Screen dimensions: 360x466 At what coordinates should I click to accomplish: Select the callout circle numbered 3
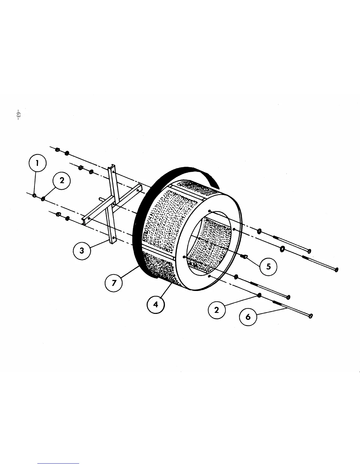(x=81, y=251)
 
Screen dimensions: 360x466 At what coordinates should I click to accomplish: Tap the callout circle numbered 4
(x=156, y=305)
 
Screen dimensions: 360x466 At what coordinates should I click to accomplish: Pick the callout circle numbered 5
(x=268, y=266)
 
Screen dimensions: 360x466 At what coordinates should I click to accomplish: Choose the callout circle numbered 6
(x=248, y=317)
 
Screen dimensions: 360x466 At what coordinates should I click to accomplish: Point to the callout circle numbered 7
(x=114, y=283)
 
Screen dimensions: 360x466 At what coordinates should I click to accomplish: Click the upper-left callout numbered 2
(x=62, y=181)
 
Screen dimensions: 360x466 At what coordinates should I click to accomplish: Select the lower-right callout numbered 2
(x=216, y=310)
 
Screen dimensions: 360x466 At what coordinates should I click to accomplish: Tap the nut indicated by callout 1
(x=34, y=195)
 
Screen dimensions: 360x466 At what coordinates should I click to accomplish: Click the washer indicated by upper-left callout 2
(x=43, y=199)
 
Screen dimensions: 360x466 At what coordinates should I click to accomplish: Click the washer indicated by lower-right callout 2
(x=259, y=295)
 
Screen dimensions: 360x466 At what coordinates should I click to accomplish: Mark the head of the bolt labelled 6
(x=310, y=317)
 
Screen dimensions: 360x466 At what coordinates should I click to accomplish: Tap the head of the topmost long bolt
(x=309, y=251)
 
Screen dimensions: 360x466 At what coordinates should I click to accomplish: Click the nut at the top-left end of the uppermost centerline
(x=58, y=150)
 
